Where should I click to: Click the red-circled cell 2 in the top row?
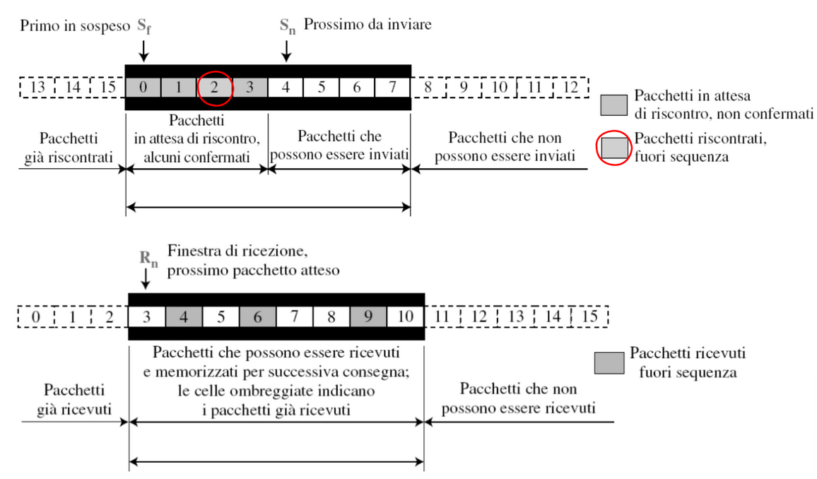(214, 88)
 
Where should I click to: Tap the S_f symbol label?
(144, 26)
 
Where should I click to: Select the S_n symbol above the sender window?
(288, 26)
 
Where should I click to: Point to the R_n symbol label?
(148, 259)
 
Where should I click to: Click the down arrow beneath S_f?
(143, 50)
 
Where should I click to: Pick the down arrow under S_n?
(286, 50)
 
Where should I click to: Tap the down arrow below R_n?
(146, 278)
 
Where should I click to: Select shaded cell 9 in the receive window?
(368, 317)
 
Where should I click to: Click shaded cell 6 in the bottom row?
(258, 317)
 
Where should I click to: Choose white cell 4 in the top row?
(286, 88)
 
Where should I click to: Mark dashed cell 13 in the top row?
(37, 87)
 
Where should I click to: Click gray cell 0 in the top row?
(143, 88)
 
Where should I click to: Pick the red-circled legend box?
(614, 148)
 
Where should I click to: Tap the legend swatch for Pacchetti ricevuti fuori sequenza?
(610, 363)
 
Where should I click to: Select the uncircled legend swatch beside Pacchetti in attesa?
(613, 105)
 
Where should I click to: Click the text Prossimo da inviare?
(368, 25)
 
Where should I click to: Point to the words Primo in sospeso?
(75, 26)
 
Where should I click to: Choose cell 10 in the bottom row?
(406, 317)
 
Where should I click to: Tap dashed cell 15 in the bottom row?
(590, 317)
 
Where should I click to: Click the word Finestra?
(195, 251)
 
